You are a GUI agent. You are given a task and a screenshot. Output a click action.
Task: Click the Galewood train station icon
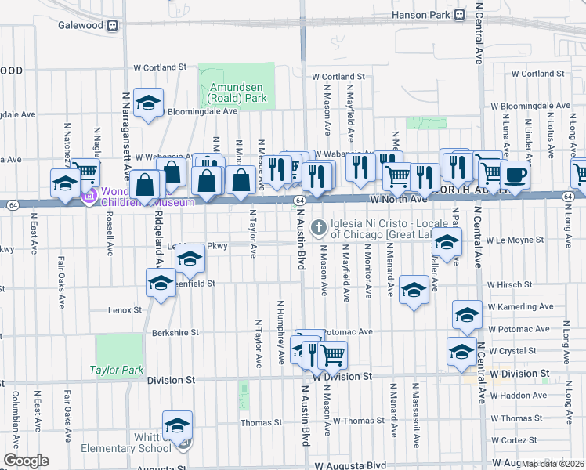114,25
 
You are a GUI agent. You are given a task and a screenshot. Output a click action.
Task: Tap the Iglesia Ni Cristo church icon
318,228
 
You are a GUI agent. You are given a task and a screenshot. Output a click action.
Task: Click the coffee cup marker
515,174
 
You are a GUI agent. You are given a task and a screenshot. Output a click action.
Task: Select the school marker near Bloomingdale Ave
147,103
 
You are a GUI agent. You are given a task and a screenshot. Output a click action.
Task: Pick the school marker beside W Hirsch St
413,290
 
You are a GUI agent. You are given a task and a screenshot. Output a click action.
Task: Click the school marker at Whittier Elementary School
178,425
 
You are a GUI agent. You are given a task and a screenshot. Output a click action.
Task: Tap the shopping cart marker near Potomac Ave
332,354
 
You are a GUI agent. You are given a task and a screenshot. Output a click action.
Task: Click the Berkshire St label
175,333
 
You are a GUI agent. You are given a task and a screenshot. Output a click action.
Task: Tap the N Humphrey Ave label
281,332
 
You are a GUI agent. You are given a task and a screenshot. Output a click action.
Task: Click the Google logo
26,461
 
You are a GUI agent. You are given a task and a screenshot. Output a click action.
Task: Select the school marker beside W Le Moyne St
447,243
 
